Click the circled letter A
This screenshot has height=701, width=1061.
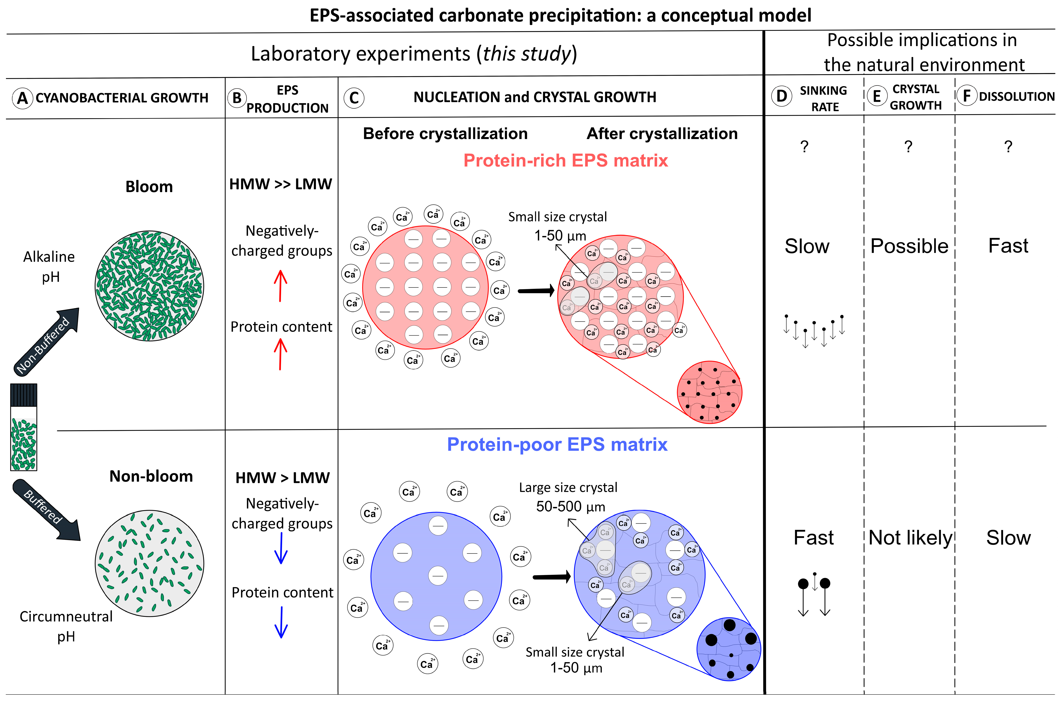pyautogui.click(x=22, y=98)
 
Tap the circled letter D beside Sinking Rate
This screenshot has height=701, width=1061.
pyautogui.click(x=782, y=96)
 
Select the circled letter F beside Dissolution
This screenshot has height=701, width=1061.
pyautogui.click(x=967, y=96)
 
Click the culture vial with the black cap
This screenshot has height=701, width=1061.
pyautogui.click(x=24, y=427)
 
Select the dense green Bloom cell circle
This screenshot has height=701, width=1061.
pyautogui.click(x=149, y=286)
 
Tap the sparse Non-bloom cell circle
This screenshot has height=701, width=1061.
pyautogui.click(x=149, y=563)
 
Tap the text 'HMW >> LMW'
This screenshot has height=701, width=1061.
pyautogui.click(x=281, y=184)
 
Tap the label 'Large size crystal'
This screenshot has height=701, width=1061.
pyautogui.click(x=568, y=487)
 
